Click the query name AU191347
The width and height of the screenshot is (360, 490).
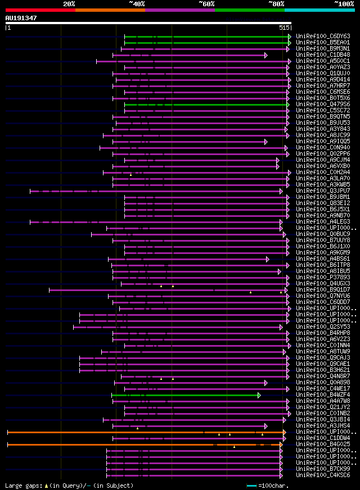[x=21, y=18]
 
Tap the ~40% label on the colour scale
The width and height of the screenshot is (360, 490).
[x=137, y=3]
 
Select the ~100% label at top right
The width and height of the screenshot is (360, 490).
[x=344, y=3]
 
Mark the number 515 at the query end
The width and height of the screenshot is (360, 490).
[x=284, y=28]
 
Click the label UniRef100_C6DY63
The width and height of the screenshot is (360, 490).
[x=322, y=36]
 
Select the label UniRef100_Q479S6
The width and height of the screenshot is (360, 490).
[x=322, y=105]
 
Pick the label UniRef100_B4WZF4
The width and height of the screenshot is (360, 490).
[x=322, y=395]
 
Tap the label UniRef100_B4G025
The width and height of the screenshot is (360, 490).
[x=322, y=444]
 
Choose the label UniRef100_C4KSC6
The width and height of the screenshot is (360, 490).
[x=322, y=475]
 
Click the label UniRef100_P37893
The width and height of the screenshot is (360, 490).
[x=322, y=278]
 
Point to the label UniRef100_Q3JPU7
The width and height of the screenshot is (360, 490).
[x=322, y=191]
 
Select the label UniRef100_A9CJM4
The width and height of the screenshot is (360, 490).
[x=322, y=160]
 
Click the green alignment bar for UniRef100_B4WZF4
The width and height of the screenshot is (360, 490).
[x=186, y=395]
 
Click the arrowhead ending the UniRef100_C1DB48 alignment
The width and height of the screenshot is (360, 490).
[x=266, y=55]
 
